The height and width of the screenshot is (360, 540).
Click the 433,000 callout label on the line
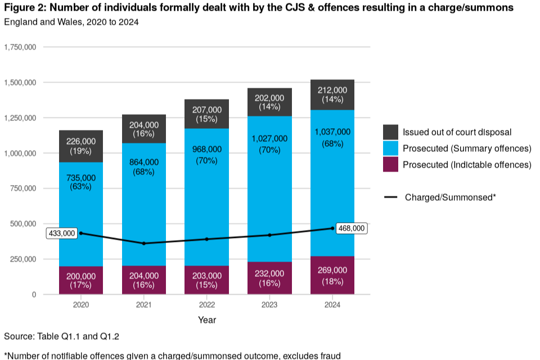(62, 233)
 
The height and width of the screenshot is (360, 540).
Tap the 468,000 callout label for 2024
(351, 228)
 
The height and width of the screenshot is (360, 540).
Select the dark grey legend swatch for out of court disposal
(391, 133)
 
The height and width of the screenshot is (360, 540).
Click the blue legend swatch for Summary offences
(391, 148)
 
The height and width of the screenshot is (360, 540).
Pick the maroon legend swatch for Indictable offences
(391, 165)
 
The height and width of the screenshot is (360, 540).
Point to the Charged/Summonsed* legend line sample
(391, 197)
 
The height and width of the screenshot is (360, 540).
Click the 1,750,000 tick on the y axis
(20, 47)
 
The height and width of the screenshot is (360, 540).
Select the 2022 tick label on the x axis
(207, 304)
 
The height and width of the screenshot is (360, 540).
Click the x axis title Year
(207, 320)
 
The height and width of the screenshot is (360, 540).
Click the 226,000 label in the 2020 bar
(81, 141)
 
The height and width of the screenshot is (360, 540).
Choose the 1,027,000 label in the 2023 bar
(269, 138)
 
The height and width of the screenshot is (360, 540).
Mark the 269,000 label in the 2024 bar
(332, 271)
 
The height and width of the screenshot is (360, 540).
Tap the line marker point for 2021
(144, 244)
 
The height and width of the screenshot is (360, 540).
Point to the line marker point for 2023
(269, 235)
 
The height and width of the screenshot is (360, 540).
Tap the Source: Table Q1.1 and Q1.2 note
(61, 336)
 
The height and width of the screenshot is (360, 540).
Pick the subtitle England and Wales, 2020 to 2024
(71, 22)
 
